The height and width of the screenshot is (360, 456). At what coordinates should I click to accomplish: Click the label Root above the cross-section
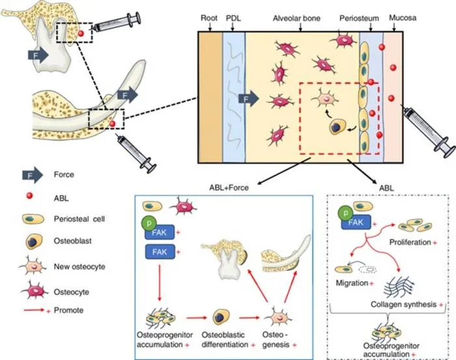209,18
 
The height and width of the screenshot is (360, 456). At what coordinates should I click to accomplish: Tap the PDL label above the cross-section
233,18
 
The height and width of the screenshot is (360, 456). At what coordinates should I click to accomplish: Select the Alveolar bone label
296,18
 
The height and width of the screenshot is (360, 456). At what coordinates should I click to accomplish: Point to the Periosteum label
359,18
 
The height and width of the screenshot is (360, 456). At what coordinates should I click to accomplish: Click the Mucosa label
403,18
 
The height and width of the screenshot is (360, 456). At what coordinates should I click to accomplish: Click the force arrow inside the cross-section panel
249,99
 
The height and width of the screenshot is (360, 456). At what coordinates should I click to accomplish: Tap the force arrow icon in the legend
33,175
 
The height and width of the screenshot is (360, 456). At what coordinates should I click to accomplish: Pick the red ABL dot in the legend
29,196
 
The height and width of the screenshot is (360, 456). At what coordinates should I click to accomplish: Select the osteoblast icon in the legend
33,242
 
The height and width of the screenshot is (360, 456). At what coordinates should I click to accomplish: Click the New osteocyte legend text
79,266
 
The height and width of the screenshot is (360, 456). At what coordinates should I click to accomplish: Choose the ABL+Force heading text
229,187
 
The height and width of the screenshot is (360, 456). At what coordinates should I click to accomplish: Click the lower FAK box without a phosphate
160,252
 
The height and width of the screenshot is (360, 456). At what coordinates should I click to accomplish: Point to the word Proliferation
410,242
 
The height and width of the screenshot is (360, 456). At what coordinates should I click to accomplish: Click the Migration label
352,283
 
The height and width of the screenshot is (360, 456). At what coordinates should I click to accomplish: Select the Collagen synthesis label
404,305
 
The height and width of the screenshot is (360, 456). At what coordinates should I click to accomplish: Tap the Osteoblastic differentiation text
225,340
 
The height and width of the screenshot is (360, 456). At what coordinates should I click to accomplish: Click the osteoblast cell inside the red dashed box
337,127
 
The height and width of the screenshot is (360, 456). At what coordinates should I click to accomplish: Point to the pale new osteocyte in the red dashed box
325,99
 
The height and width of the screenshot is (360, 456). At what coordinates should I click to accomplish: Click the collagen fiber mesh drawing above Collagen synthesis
399,286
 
